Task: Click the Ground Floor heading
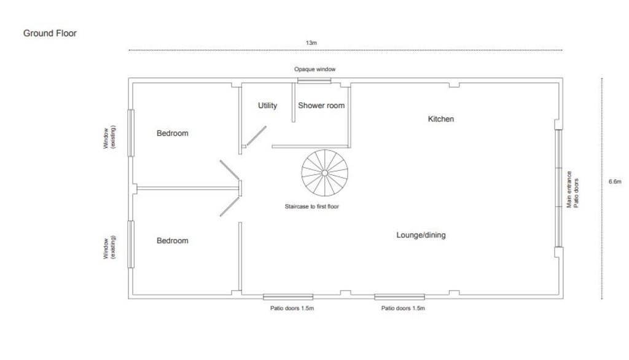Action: tap(50, 33)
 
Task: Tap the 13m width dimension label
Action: tap(311, 42)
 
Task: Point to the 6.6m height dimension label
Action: tap(614, 181)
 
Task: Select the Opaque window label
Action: tap(314, 69)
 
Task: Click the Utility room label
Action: tap(267, 106)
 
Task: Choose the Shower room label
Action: tap(321, 106)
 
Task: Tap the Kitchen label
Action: tap(441, 119)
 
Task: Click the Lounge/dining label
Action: tap(421, 235)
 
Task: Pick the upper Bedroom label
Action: tap(173, 133)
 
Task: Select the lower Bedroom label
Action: tap(173, 241)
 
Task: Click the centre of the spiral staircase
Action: tap(324, 173)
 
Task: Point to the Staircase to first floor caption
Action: tap(311, 206)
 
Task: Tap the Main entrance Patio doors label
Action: tap(572, 189)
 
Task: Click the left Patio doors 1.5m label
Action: tap(292, 308)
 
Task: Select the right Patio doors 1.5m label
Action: tap(403, 308)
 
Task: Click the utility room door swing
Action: tap(256, 136)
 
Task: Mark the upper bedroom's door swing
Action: tap(230, 170)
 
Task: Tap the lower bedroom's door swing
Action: tap(230, 206)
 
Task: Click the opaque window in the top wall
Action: tap(314, 80)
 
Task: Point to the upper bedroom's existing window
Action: tap(131, 133)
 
